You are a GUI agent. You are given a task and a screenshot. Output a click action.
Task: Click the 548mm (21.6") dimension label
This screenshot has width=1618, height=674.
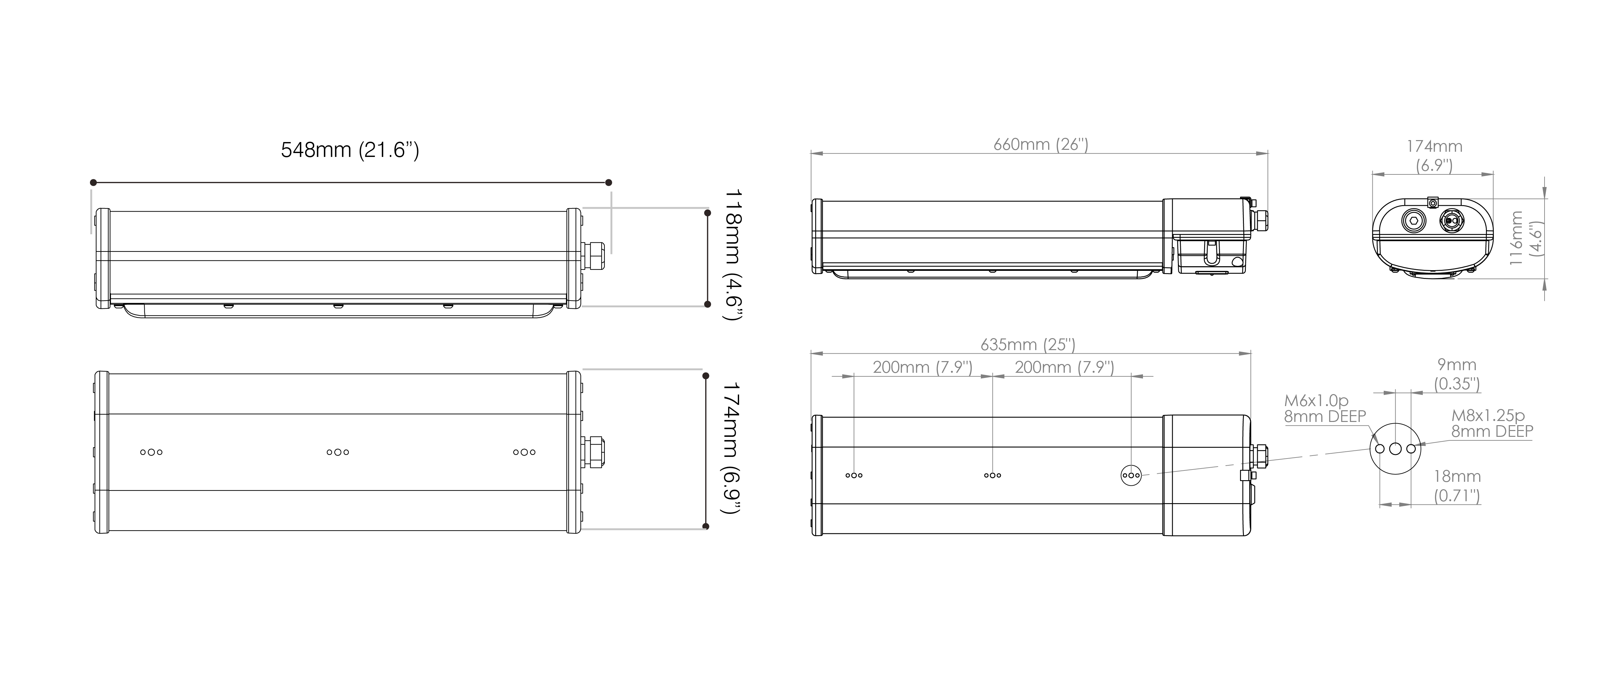click(350, 150)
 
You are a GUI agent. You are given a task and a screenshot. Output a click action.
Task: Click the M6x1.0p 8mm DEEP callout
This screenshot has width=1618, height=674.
click(1325, 408)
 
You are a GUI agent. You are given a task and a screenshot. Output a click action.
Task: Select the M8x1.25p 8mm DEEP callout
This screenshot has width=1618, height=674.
click(1492, 423)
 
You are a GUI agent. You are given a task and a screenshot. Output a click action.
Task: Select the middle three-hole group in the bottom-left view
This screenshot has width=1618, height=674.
click(338, 452)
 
